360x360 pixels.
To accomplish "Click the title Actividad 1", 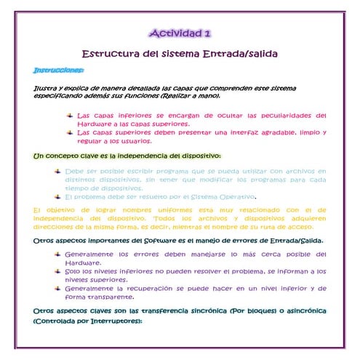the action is point(180,33).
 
